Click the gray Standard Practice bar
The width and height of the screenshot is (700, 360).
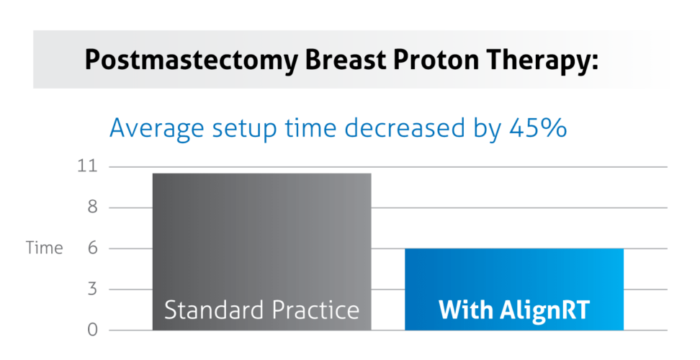click(x=261, y=238)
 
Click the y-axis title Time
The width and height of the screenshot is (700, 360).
click(x=45, y=248)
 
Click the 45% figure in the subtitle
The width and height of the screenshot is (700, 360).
click(x=538, y=129)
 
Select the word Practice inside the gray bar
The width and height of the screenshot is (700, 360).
click(x=315, y=310)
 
